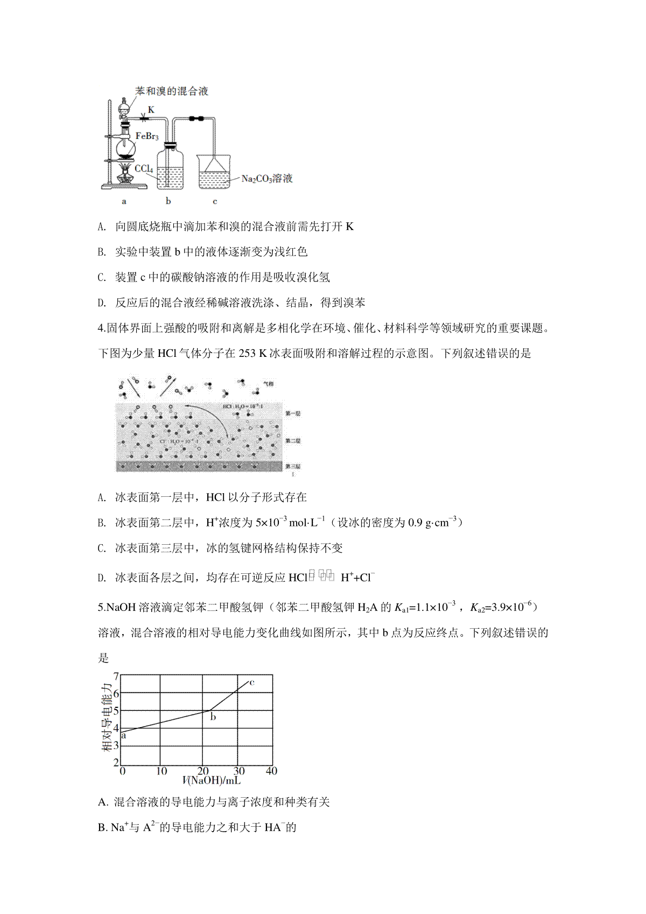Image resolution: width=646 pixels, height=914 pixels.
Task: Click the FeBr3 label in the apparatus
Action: pos(147,136)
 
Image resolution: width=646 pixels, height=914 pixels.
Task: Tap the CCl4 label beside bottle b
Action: pos(144,168)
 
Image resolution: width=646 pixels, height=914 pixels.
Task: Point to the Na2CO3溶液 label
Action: pos(267,179)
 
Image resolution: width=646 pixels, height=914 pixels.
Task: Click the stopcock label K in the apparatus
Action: pos(151,110)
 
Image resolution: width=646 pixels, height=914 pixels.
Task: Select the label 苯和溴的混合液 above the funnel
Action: pos(171,91)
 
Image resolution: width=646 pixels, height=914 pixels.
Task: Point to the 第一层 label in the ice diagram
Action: pos(293,413)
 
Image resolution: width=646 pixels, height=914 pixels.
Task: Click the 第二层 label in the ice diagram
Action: pos(293,441)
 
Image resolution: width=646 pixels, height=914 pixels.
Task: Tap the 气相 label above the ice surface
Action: pos(268,384)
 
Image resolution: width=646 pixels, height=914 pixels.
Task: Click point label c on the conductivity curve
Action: pos(252,683)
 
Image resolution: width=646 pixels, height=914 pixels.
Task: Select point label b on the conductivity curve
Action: pos(213,717)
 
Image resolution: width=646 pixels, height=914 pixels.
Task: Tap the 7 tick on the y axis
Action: pos(116,676)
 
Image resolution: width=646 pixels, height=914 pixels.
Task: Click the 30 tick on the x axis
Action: pos(239,771)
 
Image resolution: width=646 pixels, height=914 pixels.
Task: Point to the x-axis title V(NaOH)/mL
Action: pos(211,781)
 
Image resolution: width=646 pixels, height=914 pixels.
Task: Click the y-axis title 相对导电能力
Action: pos(107,718)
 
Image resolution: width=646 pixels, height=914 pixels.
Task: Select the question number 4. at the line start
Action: pos(102,328)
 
